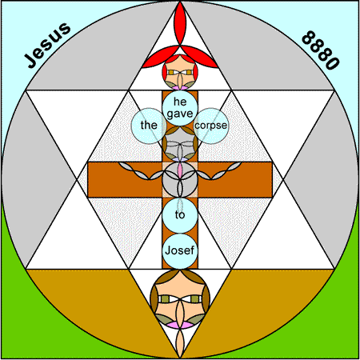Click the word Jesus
[47, 45]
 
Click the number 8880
[320, 50]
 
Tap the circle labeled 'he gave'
[180, 108]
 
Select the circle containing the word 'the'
[149, 126]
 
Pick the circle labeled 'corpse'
[211, 126]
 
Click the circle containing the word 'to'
[180, 215]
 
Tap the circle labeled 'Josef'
[180, 251]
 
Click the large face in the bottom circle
[180, 299]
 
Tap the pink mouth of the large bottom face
[180, 325]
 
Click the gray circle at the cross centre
[180, 180]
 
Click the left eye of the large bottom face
[165, 299]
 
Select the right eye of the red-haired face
[189, 72]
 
